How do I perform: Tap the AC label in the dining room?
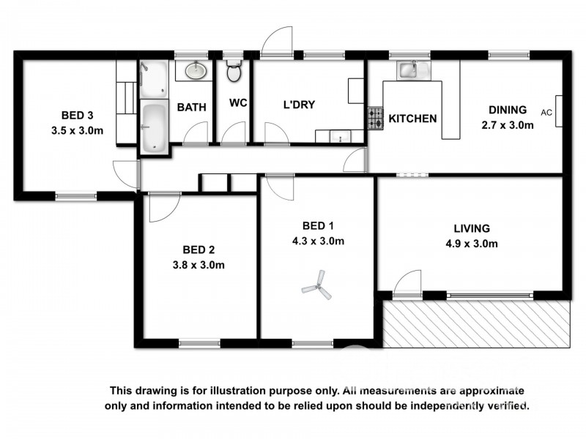coord(546,113)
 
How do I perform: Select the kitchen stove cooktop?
coord(375,119)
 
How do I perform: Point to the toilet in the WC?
coord(234,72)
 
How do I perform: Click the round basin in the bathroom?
coord(194,71)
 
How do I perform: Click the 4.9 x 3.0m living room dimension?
coord(471,244)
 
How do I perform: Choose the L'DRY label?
coord(299,105)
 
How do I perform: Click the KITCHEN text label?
coord(412,119)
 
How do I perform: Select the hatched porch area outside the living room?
coord(476,323)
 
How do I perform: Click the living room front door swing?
coord(408,283)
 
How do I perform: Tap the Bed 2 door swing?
coord(161,206)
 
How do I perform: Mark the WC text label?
coord(238,103)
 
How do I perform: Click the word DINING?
coord(508,110)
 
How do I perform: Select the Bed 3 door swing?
coord(126,173)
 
